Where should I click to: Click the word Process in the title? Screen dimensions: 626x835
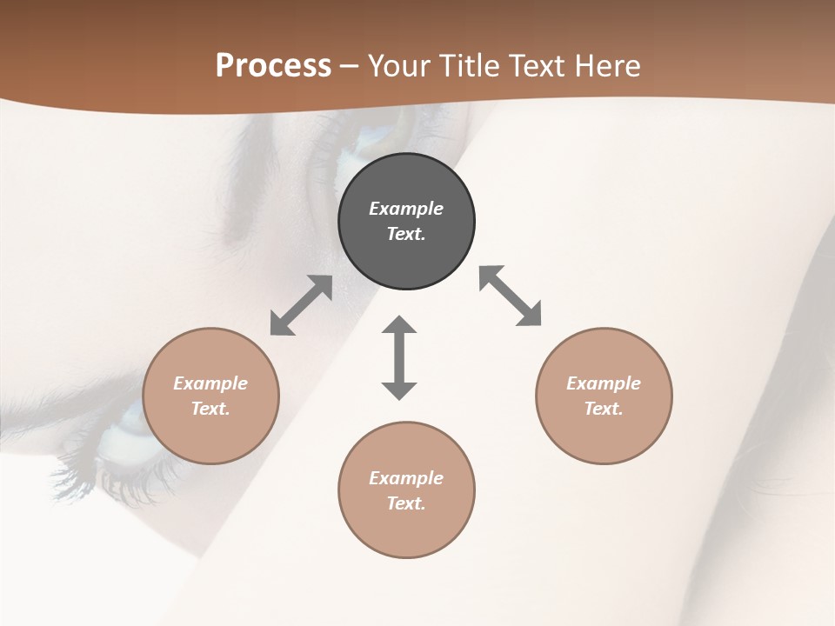pos(273,66)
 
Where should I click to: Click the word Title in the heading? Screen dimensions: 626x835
pos(469,66)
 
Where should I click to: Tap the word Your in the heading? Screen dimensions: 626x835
pos(401,66)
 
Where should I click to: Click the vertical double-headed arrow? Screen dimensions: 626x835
pos(399,357)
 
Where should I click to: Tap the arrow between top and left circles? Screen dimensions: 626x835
pos(301,305)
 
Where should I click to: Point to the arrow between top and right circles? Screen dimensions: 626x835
pos(510,296)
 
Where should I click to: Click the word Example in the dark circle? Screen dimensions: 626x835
pos(406,209)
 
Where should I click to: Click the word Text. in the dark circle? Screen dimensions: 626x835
pos(406,234)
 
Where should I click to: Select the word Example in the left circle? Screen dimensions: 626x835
pos(210,383)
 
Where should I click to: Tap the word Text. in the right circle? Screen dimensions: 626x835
pos(604,409)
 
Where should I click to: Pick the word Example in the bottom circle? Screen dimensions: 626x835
pos(406,478)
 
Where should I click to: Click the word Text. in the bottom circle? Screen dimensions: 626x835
pos(406,503)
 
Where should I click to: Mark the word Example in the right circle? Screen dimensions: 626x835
pos(604,383)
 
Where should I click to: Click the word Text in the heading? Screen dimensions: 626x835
pos(538,66)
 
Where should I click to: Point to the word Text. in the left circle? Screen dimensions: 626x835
pos(210,409)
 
